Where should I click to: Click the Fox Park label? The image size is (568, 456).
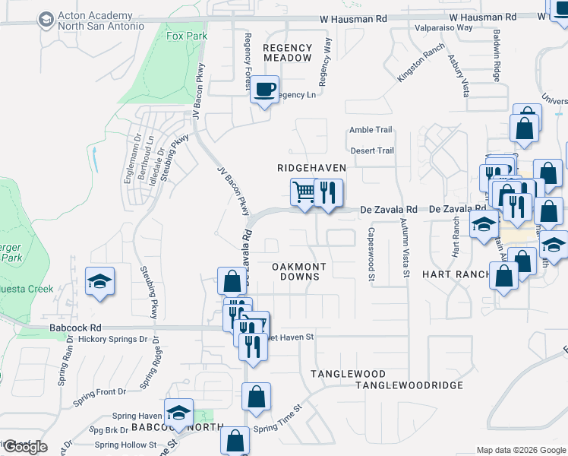point(186,36)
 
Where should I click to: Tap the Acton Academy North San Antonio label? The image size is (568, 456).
point(101,21)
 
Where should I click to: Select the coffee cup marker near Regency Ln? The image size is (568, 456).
point(265,90)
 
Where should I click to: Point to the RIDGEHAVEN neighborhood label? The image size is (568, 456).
point(311,168)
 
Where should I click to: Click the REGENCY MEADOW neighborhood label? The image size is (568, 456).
point(287,52)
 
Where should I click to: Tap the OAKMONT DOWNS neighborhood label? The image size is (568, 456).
point(299,272)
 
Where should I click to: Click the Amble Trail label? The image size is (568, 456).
point(371,130)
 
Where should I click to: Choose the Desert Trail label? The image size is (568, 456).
point(371,150)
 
